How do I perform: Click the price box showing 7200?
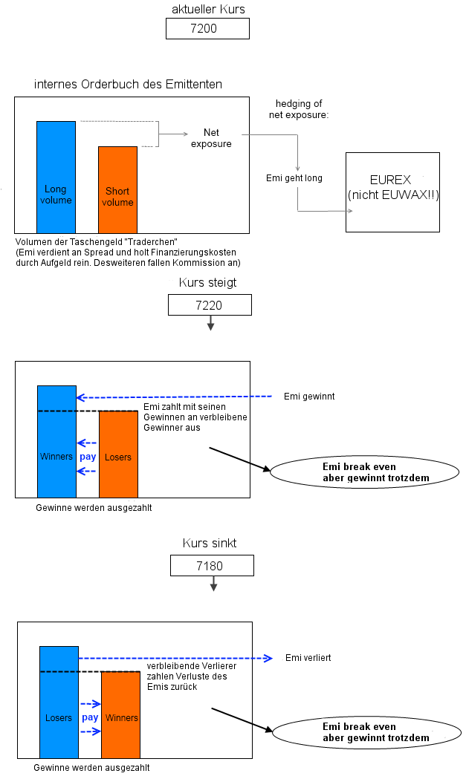(207, 29)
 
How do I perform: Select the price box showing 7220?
(210, 305)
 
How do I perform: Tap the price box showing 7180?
(212, 566)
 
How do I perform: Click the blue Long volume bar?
(56, 177)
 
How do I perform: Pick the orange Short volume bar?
(117, 190)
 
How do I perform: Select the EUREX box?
(392, 192)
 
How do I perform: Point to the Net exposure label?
(211, 138)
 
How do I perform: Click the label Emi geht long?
(294, 178)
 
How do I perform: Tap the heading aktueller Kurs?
(207, 8)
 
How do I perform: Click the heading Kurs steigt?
(208, 283)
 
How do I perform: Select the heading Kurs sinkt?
(210, 544)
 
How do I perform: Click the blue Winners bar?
(56, 442)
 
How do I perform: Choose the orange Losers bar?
(118, 454)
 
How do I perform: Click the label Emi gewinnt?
(309, 397)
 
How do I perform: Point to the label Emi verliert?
(308, 658)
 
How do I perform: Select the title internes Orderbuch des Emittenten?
(128, 84)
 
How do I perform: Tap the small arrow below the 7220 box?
(210, 323)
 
